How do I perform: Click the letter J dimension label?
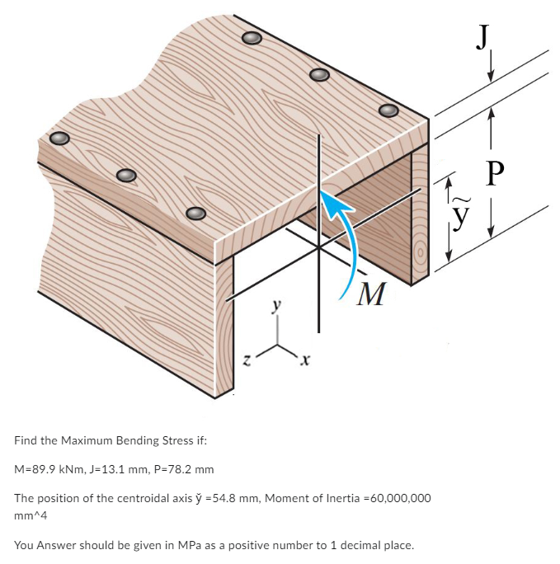[487, 36]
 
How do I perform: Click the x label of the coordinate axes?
[305, 360]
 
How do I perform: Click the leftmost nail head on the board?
[58, 139]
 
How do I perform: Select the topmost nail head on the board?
[252, 38]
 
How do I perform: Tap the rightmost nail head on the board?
[388, 110]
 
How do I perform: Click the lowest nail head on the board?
[195, 213]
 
